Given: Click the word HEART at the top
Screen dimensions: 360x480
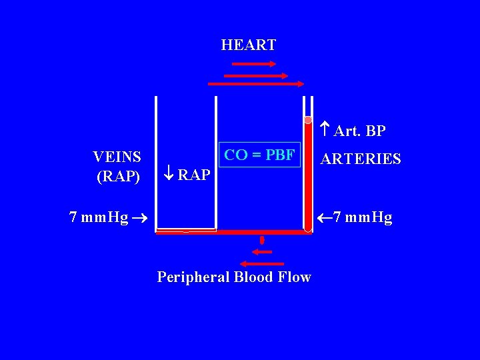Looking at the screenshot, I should point(248,45).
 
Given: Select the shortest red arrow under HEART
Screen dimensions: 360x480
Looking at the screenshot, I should point(253,64).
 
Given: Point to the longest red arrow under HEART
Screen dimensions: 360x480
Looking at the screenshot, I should point(256,84).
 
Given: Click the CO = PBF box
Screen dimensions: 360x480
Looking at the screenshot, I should point(259,156).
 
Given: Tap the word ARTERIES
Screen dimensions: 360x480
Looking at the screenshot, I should point(361,159).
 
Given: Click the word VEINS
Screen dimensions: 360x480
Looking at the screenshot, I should point(117,157).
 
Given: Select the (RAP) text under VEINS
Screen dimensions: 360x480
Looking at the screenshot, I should point(119,177).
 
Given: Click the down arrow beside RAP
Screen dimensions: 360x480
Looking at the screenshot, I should point(169,175).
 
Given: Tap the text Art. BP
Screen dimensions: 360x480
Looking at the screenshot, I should point(359,131).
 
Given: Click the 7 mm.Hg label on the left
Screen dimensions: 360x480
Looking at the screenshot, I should point(99,217).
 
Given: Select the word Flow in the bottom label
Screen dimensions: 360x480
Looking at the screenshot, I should point(295,277).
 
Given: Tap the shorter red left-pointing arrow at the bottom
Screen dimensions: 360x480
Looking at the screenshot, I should point(262,252).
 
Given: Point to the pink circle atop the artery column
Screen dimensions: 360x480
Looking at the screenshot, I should point(308,120).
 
